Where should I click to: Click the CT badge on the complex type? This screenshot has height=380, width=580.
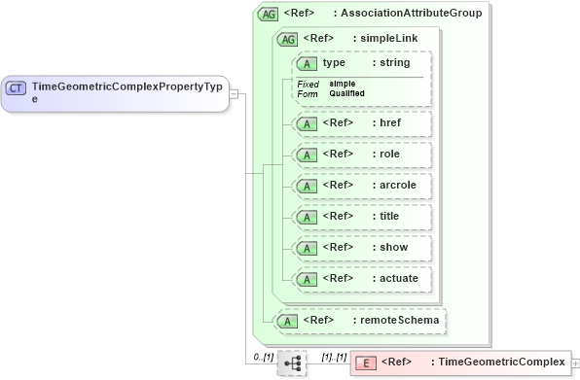[x=17, y=87]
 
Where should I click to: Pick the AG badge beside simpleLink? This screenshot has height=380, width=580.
[x=288, y=39]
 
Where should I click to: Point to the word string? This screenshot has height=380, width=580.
[x=395, y=63]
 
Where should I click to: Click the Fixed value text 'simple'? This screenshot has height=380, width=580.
[x=342, y=84]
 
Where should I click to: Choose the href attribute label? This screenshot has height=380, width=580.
[x=389, y=123]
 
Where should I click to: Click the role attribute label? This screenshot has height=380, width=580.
[x=389, y=155]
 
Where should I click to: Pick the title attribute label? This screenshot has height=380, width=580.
[x=389, y=216]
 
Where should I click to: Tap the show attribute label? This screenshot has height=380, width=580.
[x=393, y=247]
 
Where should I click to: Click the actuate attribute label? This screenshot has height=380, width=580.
[x=399, y=278]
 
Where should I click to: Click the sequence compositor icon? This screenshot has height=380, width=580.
[x=291, y=363]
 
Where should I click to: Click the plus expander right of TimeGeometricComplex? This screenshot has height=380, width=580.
[x=574, y=363]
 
